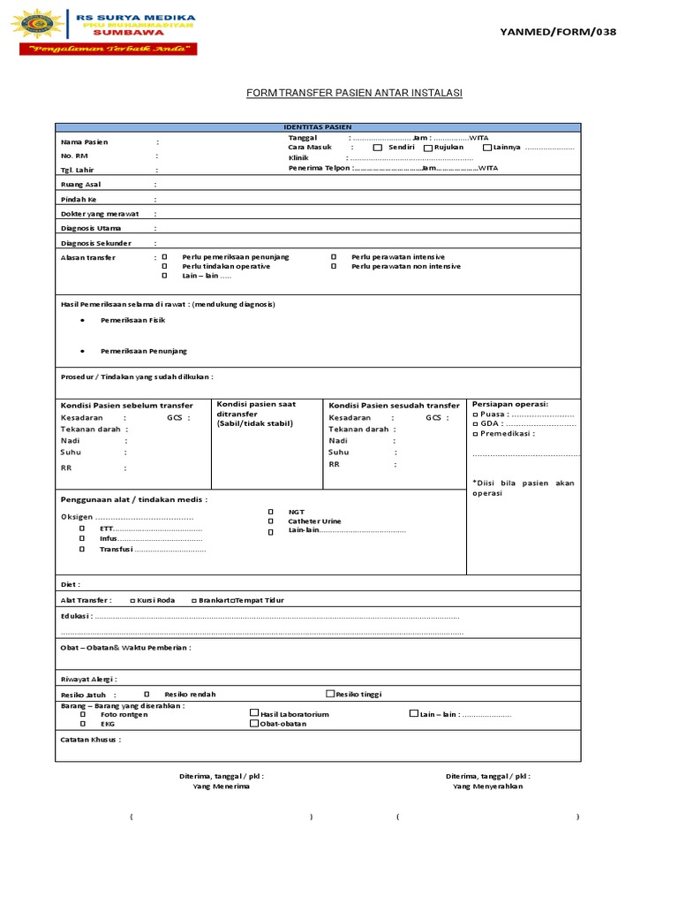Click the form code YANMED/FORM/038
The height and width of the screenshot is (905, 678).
click(x=558, y=32)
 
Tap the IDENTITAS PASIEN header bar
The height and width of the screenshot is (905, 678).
click(x=318, y=127)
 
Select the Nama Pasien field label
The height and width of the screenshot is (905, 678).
click(x=84, y=141)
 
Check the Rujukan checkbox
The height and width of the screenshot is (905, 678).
click(x=428, y=148)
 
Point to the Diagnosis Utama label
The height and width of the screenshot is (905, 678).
click(x=91, y=228)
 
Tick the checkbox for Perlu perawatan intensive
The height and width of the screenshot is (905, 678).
click(x=334, y=257)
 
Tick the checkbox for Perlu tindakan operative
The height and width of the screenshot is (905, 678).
click(x=164, y=266)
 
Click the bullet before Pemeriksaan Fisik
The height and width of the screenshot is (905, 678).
click(x=82, y=320)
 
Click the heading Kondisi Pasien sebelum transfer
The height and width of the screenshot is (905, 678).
click(x=126, y=405)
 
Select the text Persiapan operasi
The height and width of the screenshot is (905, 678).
click(x=510, y=404)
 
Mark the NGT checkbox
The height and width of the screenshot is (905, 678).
click(x=270, y=512)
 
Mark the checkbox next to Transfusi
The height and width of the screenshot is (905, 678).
click(x=82, y=549)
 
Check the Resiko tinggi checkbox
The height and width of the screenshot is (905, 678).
click(x=330, y=694)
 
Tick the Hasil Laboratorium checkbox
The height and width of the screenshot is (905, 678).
click(x=254, y=713)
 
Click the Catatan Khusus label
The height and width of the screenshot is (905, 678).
click(x=90, y=739)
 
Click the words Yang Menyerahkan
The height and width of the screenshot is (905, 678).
click(x=487, y=786)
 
